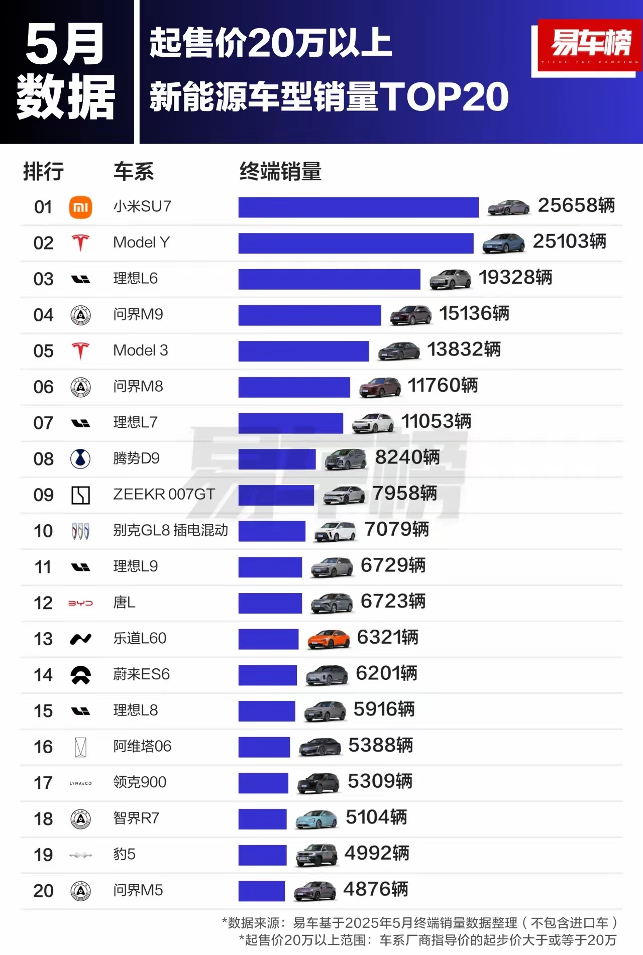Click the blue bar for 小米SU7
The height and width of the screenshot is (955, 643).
358,207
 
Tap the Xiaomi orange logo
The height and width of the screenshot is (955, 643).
80,207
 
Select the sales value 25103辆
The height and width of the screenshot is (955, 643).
569,242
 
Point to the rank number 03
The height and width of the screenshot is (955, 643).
43,279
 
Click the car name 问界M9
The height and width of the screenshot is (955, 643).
138,315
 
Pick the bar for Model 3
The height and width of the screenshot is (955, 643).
303,351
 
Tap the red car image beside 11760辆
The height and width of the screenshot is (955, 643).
380,387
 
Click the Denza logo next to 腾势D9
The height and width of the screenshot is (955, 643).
80,459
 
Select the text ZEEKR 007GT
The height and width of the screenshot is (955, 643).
164,495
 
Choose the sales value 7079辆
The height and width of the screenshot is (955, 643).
396,530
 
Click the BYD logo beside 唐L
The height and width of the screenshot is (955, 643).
80,603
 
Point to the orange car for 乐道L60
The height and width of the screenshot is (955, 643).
329,639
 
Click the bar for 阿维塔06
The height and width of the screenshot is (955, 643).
264,747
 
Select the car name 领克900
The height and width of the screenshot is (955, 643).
140,782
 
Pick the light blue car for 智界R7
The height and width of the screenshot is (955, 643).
316,819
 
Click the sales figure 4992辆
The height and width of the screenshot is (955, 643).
376,854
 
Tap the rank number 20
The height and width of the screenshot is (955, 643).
43,891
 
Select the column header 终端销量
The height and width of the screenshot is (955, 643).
280,172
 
